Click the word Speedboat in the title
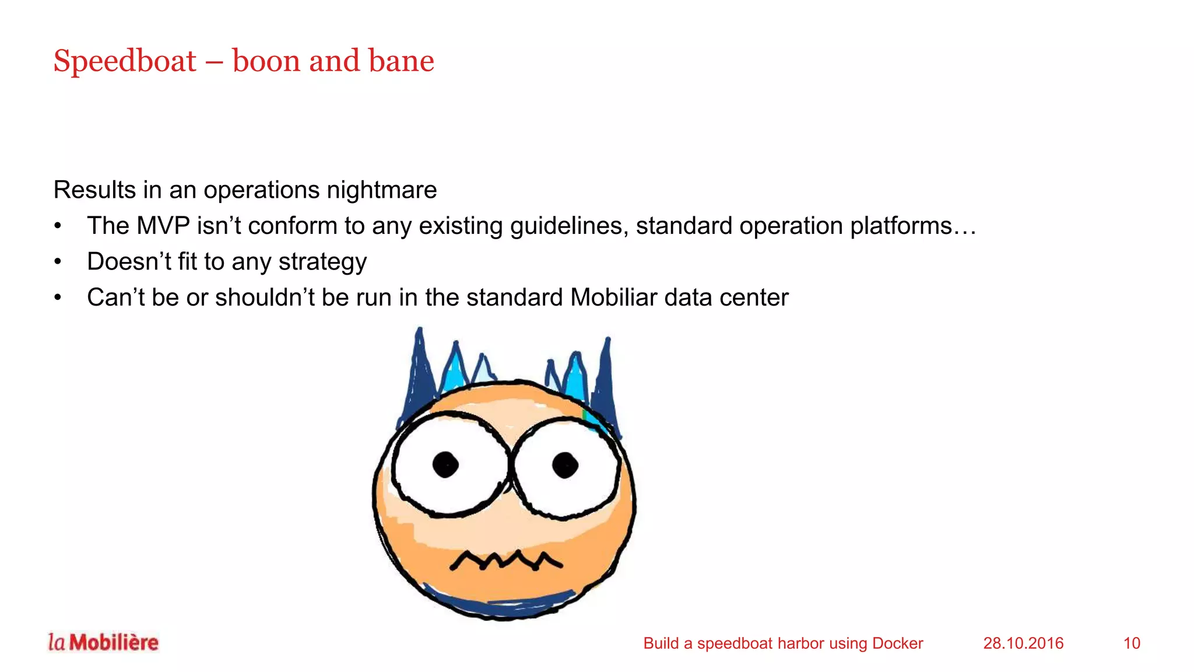(125, 61)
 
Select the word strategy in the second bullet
(322, 262)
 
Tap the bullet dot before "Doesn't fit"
(58, 262)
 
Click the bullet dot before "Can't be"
(58, 297)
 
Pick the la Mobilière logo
(103, 642)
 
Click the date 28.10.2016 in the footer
(1023, 643)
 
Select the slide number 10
(1132, 643)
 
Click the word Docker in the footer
(897, 643)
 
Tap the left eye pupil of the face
(446, 465)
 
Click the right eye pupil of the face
(565, 465)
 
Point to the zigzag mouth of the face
(505, 561)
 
